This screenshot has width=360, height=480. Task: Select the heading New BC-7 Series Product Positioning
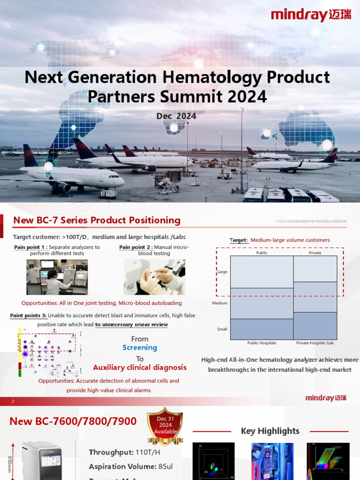click(x=97, y=220)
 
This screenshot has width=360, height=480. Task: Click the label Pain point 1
click(x=30, y=247)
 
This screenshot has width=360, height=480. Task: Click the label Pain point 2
click(x=135, y=247)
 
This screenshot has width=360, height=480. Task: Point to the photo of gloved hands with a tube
click(x=154, y=277)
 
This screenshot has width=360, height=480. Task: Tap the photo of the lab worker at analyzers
click(x=57, y=277)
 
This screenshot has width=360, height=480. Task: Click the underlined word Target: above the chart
click(x=239, y=240)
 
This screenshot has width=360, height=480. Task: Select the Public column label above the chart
click(x=262, y=253)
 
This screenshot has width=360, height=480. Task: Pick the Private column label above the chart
click(x=315, y=253)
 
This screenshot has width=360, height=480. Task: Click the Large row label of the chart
click(x=222, y=272)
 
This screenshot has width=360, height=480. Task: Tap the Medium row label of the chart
click(x=220, y=303)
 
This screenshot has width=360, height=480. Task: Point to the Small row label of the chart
click(x=222, y=329)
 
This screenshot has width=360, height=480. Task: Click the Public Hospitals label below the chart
click(x=262, y=343)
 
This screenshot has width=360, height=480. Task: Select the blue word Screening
click(x=140, y=348)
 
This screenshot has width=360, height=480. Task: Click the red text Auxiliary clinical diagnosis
click(x=140, y=367)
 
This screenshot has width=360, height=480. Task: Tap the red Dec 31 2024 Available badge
click(x=165, y=425)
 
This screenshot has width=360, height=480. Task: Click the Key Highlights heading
click(x=270, y=431)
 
